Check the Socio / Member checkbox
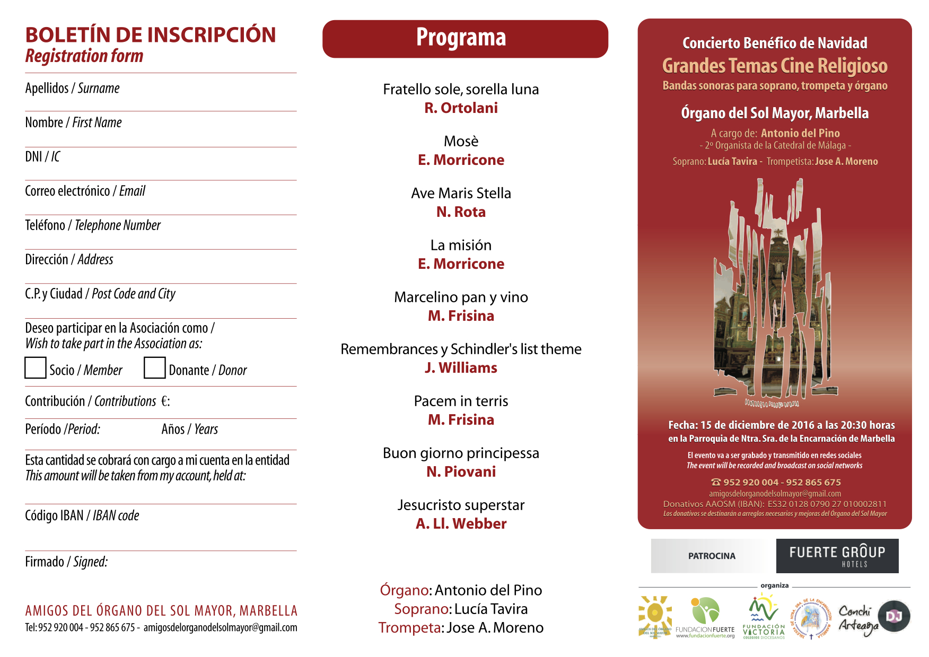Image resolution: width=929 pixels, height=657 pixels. click(36, 368)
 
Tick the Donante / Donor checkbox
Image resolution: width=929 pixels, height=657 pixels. click(154, 368)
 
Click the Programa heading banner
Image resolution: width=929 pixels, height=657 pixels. click(465, 39)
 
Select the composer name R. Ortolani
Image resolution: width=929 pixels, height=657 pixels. click(461, 108)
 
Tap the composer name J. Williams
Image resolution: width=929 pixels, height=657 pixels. click(461, 368)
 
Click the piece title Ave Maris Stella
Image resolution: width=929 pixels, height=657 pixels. click(461, 193)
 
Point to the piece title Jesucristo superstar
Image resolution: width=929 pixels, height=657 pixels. click(461, 505)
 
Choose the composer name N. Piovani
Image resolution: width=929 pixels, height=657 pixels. click(461, 472)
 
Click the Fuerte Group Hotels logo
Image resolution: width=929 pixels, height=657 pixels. click(837, 556)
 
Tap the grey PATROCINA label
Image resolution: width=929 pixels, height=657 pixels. click(712, 556)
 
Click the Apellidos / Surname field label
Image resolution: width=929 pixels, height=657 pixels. click(72, 88)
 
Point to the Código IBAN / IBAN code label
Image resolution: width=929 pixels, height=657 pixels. click(82, 515)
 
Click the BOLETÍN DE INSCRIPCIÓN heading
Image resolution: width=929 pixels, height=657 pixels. click(151, 35)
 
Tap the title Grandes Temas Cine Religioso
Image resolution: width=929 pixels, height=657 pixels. click(775, 66)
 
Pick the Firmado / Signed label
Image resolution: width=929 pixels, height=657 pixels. click(66, 562)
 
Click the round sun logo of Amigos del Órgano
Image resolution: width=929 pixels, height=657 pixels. click(655, 616)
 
